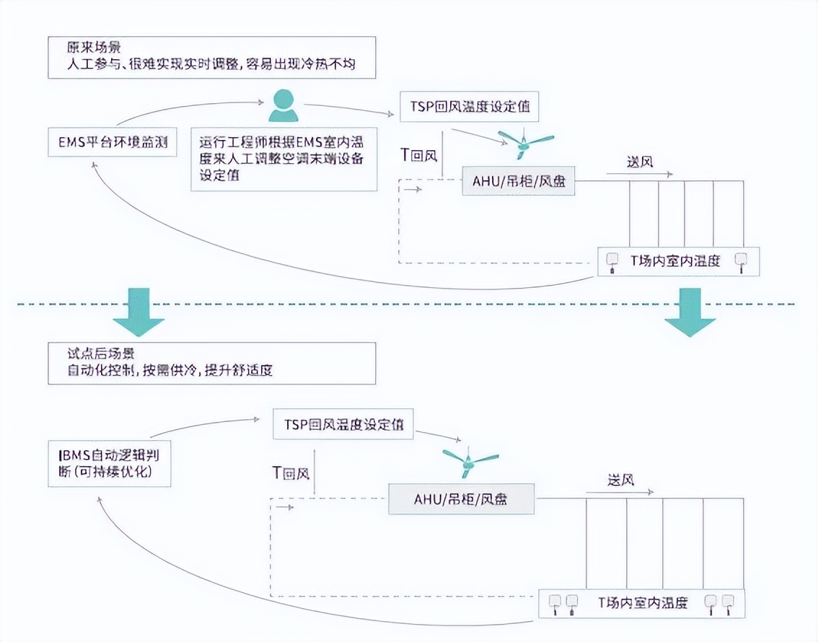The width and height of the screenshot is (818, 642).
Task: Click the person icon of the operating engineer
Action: (x=283, y=105)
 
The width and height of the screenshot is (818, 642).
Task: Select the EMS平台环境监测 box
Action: (x=108, y=142)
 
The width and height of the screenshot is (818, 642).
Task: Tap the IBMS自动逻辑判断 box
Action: (x=109, y=463)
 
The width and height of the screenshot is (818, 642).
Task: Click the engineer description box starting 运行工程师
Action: (x=283, y=159)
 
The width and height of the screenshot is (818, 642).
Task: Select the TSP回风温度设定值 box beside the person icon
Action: (x=468, y=107)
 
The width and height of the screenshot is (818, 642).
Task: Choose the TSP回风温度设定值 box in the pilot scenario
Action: (x=343, y=425)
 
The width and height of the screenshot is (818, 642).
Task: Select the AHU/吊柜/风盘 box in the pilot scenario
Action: (x=461, y=498)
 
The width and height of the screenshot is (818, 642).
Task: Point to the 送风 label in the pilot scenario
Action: (x=620, y=480)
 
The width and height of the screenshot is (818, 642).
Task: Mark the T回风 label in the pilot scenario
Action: (x=290, y=473)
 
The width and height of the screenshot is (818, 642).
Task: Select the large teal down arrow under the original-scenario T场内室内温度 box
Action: (x=689, y=312)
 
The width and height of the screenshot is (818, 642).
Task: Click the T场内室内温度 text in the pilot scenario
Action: (x=643, y=602)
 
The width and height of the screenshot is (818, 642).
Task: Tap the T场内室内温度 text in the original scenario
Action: (x=675, y=261)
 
